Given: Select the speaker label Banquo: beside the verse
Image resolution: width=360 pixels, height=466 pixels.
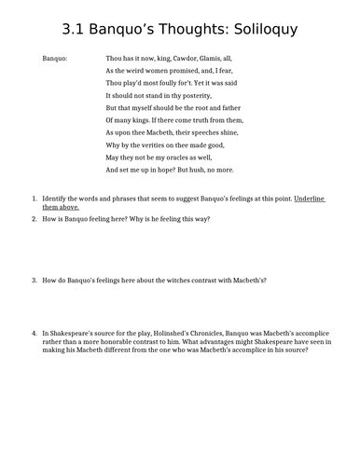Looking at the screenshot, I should coord(57,58).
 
